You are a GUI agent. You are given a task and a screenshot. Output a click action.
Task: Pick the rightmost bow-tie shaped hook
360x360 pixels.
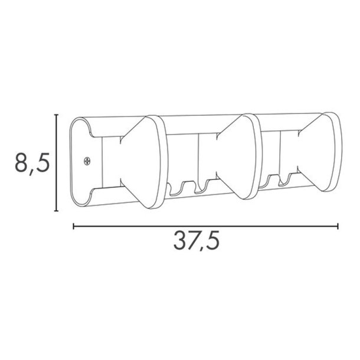coord(319,152)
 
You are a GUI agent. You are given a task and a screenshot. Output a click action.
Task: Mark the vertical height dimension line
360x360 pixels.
coord(57,162)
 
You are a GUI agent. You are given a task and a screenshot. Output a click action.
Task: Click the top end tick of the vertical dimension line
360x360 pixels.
coord(57,116)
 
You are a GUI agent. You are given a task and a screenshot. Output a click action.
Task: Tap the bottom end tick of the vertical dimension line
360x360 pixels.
coord(57,211)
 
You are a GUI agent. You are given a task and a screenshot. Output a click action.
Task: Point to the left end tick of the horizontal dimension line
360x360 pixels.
coord(73,225)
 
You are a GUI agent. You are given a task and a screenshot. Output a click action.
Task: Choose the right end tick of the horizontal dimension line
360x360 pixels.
coord(338,225)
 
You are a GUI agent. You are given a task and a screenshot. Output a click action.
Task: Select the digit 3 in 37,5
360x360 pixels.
coord(181,241)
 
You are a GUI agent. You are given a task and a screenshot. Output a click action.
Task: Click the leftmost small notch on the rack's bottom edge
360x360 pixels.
coord(175,189)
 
